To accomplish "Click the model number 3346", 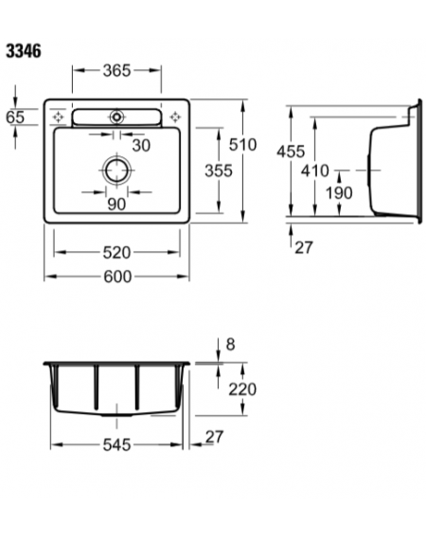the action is [24, 51].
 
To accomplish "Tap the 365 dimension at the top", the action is [116, 70].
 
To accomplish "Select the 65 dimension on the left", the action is [15, 117].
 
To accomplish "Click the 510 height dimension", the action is [242, 145].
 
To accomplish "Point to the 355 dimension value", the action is [219, 170].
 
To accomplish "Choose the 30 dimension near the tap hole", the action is [141, 146].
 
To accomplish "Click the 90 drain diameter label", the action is [116, 205].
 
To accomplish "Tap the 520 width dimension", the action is [116, 253].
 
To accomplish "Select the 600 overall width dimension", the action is [117, 277].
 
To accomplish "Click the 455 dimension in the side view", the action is [291, 152].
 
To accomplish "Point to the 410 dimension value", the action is [315, 170].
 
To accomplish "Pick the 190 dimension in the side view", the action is [339, 193].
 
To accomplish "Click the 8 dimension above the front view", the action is [230, 344].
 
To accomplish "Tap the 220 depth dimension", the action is [242, 389].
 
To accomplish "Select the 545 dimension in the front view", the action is [116, 445].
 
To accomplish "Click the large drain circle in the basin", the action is [117, 170].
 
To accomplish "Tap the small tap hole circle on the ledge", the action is [116, 117].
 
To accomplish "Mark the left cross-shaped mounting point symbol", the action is [58, 117].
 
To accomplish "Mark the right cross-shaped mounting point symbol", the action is [175, 117].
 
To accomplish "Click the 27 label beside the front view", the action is [214, 437].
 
